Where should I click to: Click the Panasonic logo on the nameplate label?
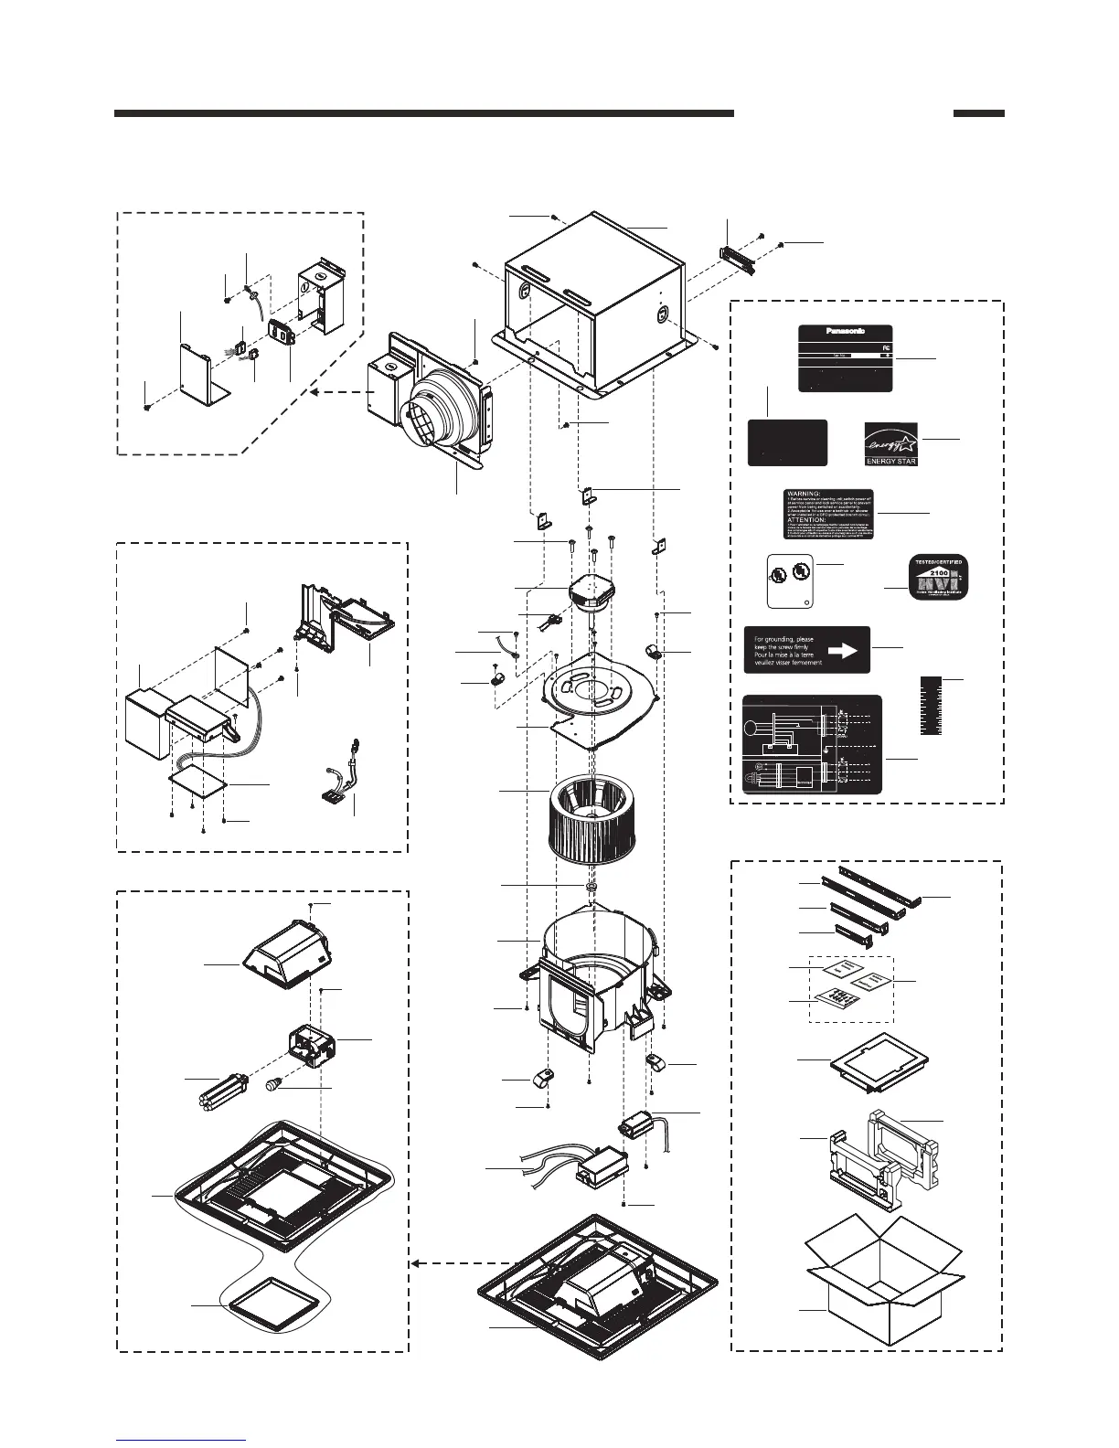coord(845,331)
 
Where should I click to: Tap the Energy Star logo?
coord(891,442)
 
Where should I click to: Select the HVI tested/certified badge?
coord(937,578)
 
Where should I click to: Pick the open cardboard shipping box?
coord(879,1280)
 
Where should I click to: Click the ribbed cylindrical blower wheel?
coord(591,813)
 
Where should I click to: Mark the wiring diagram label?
coord(812,744)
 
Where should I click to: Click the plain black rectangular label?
coord(787,443)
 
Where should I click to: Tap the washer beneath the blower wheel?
coord(591,887)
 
